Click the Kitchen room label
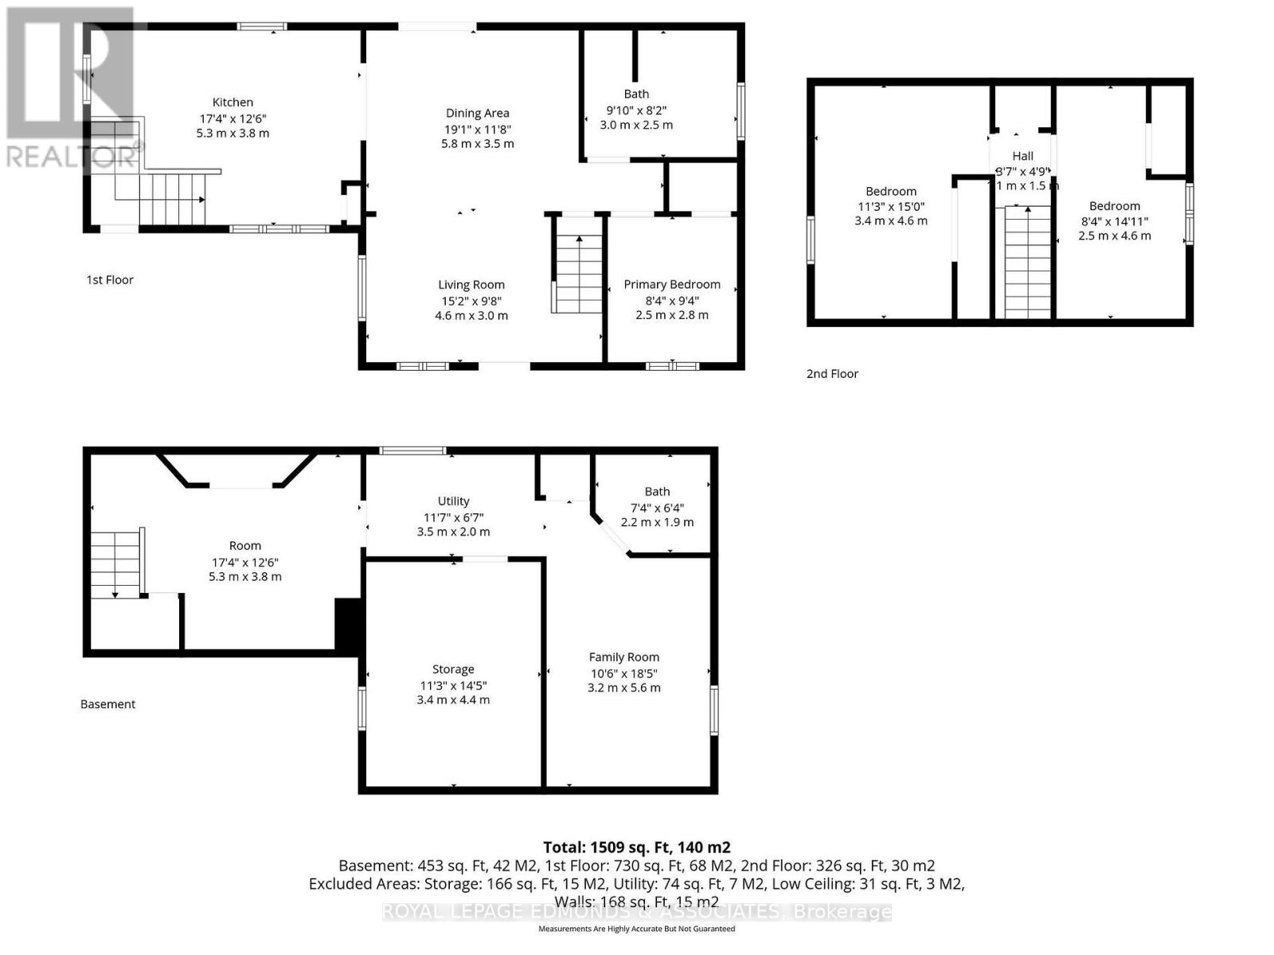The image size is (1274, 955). click(x=233, y=102)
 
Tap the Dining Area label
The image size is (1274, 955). click(x=477, y=113)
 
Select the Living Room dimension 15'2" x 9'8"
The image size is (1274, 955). click(x=471, y=300)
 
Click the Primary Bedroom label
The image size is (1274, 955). click(x=671, y=284)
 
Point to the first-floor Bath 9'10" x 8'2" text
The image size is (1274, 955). click(x=636, y=110)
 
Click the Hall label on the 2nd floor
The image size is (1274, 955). click(x=1022, y=156)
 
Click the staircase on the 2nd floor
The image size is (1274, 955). click(x=1027, y=263)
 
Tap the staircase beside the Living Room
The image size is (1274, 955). click(x=579, y=275)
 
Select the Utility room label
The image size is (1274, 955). click(x=453, y=501)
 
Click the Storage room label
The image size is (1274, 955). click(x=453, y=669)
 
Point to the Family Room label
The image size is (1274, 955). click(x=623, y=657)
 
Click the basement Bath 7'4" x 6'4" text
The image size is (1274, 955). click(x=657, y=507)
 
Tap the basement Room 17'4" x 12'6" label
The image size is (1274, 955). click(x=244, y=546)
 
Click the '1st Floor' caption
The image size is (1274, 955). click(x=110, y=279)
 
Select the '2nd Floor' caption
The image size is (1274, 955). click(x=832, y=373)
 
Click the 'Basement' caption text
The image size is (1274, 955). click(x=107, y=704)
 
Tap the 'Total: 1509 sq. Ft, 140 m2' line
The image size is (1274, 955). click(x=636, y=848)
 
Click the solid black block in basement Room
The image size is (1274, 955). click(x=347, y=626)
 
